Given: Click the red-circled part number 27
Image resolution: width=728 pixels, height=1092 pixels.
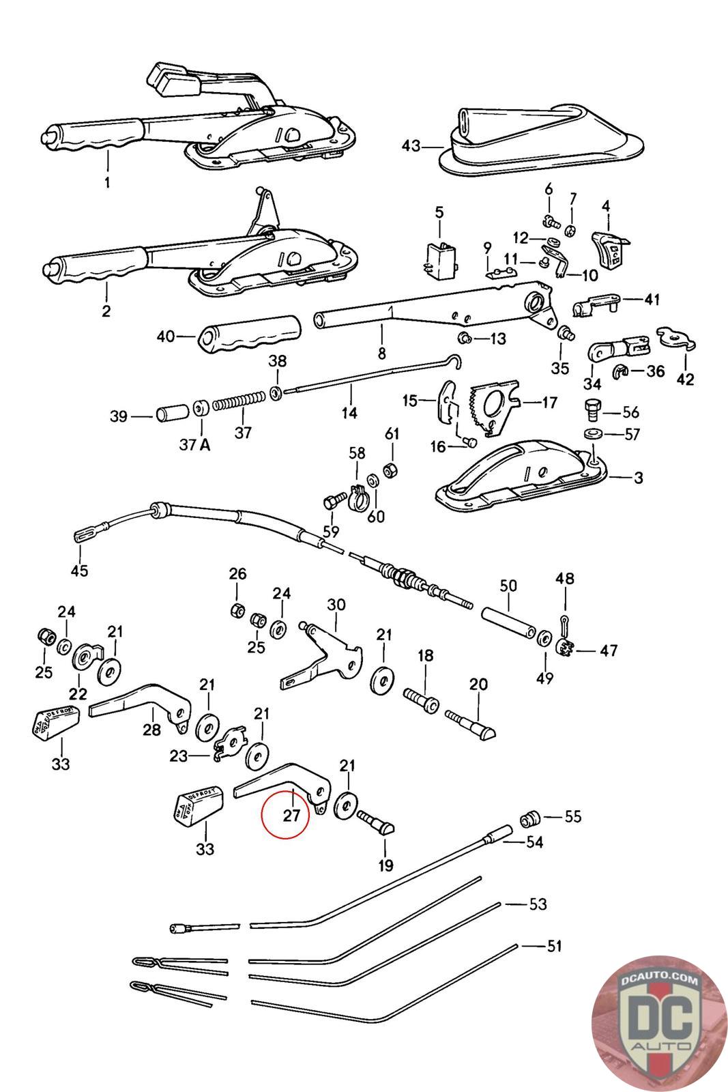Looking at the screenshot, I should [292, 814].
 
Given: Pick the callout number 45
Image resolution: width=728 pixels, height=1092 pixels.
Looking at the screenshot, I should [80, 570].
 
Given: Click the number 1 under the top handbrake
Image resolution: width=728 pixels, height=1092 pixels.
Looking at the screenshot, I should [106, 183].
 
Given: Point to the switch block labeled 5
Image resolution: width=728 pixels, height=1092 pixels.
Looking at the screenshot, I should [439, 261].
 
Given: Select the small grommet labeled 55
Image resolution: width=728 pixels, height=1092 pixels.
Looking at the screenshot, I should [530, 818].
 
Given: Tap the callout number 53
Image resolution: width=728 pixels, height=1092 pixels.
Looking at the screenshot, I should [538, 904].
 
